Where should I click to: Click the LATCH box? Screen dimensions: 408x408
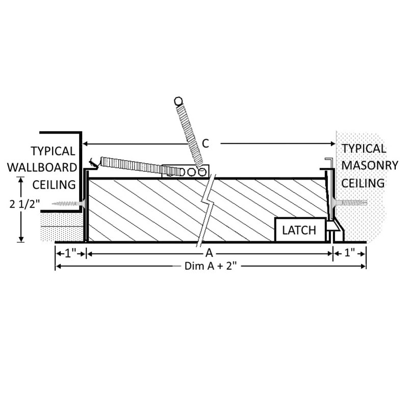coord(300,230)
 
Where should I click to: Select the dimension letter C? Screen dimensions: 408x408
coord(205,144)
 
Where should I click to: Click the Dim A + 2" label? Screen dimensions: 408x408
coord(203,266)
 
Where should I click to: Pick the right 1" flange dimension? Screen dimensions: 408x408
coord(349,252)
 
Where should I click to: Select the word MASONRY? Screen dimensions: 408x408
coord(363,166)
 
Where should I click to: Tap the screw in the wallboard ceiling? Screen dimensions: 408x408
coord(67,203)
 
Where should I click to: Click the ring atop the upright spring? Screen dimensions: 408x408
coord(178,101)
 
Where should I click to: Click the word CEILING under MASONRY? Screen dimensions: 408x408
coord(363,183)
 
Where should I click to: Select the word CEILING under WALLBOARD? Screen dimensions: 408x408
coord(54,184)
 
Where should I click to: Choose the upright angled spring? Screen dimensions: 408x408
coord(190,133)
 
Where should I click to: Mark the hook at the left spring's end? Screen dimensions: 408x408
coord(93,164)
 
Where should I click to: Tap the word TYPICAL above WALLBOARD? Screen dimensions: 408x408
coord(53,151)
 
